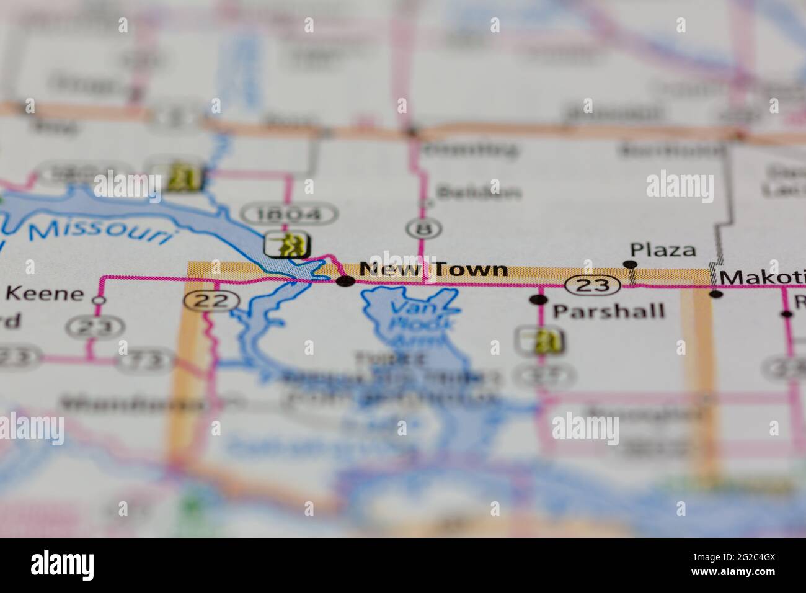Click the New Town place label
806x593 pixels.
(433, 270)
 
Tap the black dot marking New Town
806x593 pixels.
(345, 282)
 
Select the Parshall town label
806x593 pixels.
(608, 310)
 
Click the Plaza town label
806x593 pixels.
(663, 250)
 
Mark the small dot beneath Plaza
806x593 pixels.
(631, 265)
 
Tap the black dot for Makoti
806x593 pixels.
(716, 293)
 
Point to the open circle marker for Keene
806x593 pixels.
(98, 300)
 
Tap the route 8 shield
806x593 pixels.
(424, 228)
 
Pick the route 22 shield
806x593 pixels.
(211, 301)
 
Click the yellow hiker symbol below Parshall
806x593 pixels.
(540, 340)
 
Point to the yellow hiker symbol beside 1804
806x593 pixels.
(288, 244)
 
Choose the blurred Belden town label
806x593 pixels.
(478, 193)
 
